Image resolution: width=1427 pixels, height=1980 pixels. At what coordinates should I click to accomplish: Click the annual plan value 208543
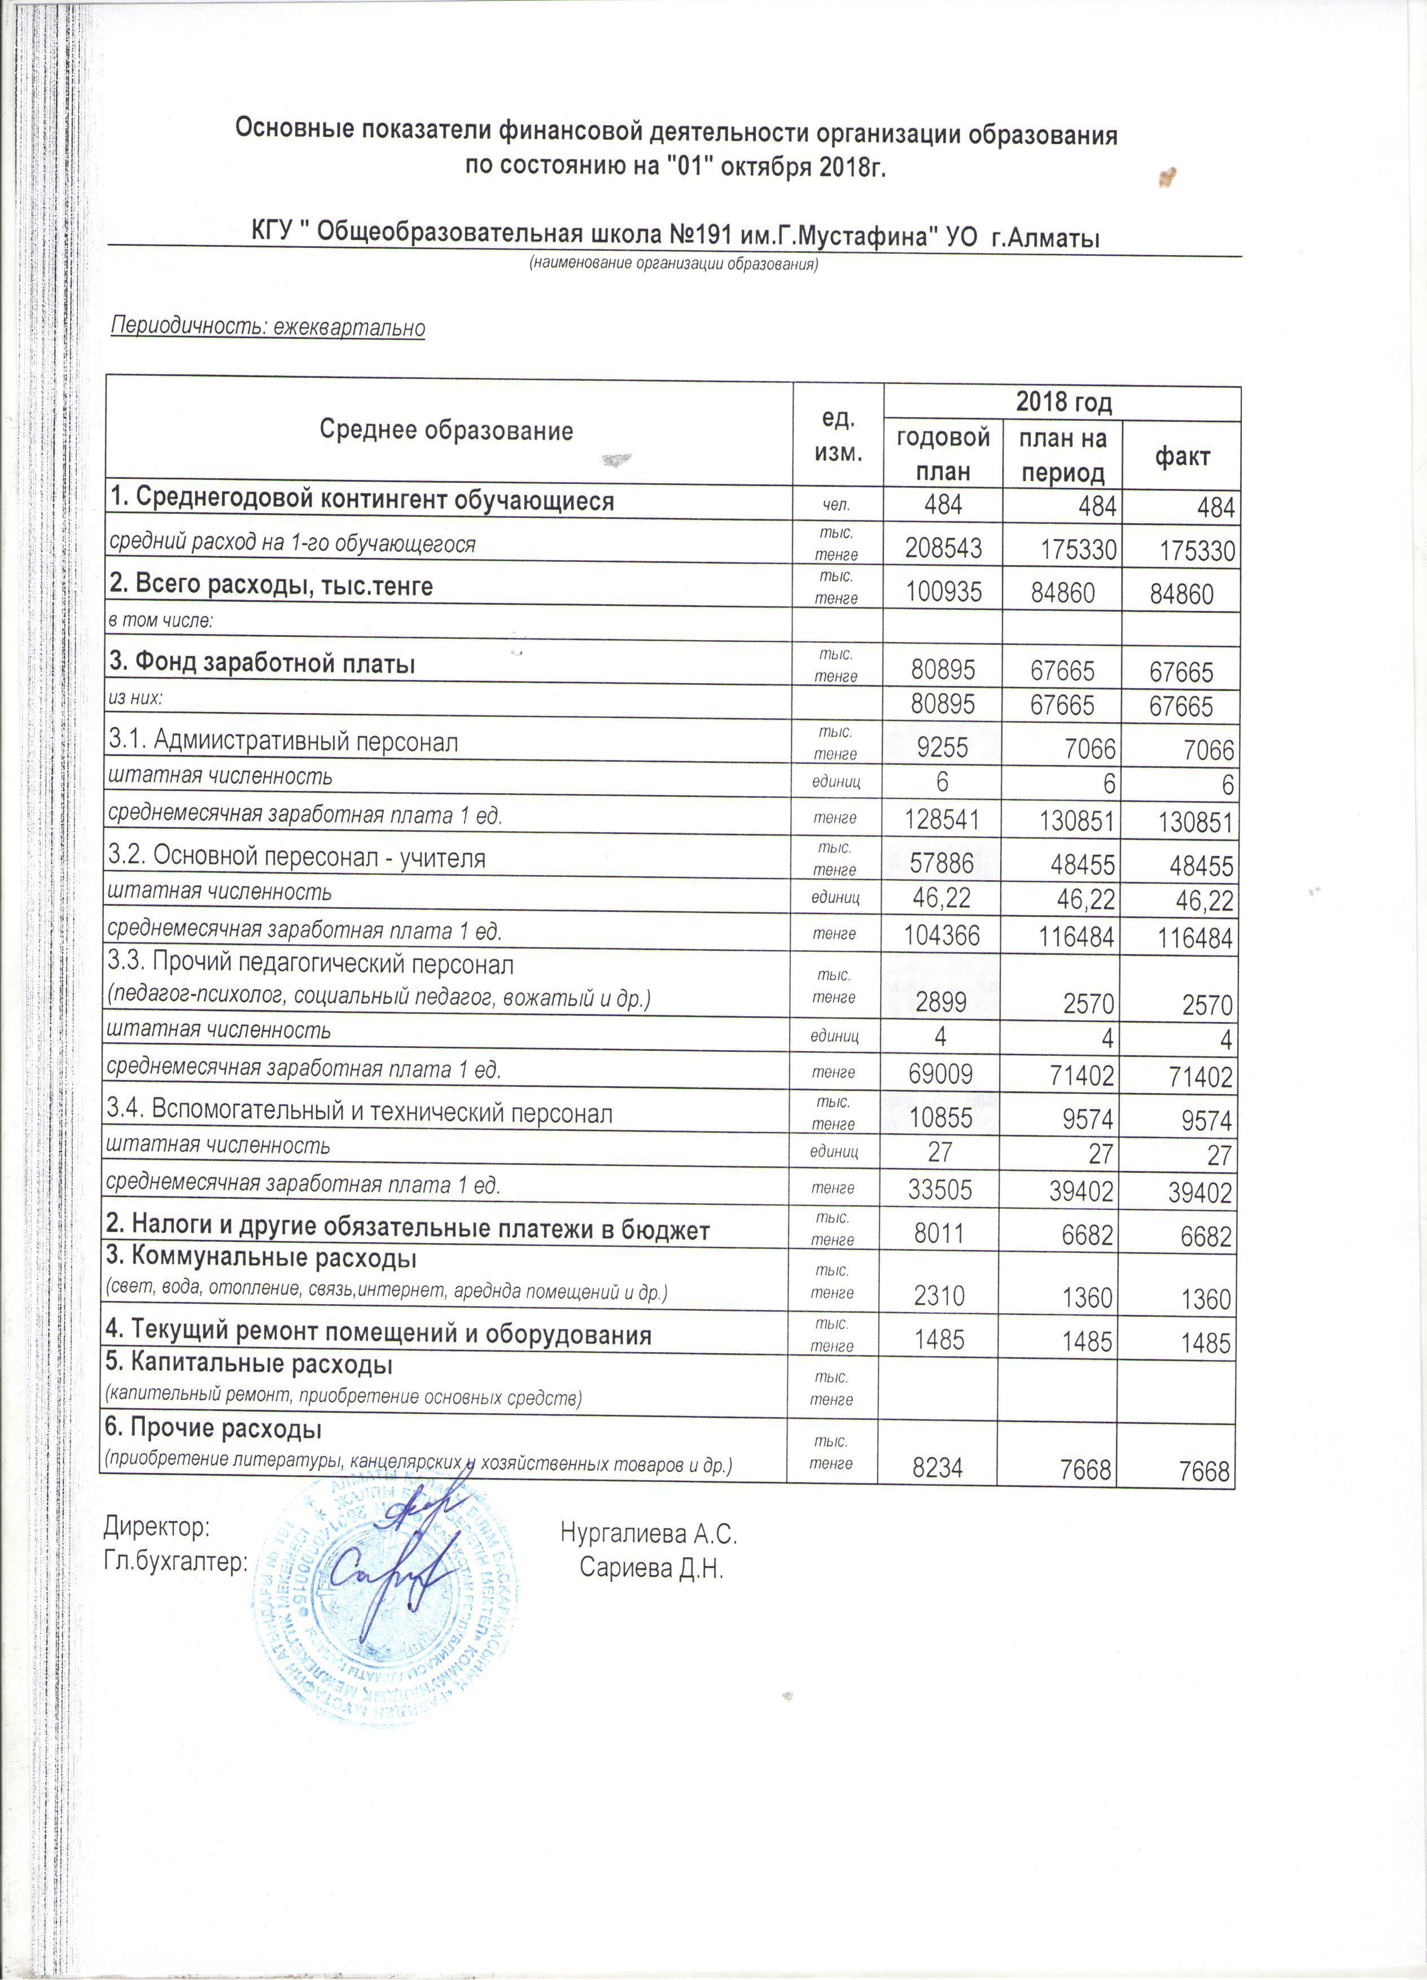(x=943, y=548)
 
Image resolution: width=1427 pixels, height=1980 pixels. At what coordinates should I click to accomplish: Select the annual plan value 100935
(x=943, y=593)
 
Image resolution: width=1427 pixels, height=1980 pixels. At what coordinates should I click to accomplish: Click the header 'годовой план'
(x=943, y=454)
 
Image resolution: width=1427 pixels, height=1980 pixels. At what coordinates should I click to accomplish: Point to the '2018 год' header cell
(x=1063, y=403)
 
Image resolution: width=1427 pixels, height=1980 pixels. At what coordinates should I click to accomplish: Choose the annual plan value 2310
(x=939, y=1298)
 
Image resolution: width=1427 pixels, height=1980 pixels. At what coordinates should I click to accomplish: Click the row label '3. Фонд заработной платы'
(x=262, y=663)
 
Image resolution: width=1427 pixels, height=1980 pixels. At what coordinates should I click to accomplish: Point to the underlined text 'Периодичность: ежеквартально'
(x=268, y=327)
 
